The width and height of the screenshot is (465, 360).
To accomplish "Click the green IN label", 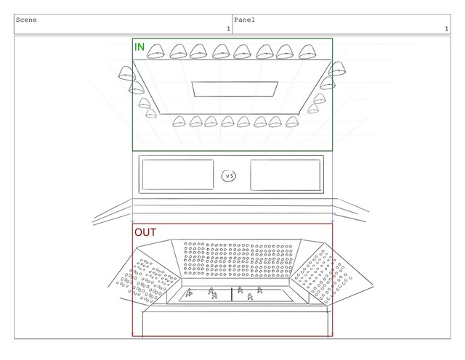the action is point(139,47).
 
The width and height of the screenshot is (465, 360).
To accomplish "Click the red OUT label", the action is point(145,233).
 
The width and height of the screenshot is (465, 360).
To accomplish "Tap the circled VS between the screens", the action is point(229,176).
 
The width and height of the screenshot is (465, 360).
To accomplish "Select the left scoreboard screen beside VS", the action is point(177,174).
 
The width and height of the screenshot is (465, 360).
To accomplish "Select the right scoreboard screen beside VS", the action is point(285,174).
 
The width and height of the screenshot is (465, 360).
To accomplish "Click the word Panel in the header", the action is point(247,20).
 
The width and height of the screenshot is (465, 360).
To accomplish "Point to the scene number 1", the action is point(227,29).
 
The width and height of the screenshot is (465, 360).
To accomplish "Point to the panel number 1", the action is point(445,29).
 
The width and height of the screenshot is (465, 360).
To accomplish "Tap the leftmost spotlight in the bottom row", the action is point(179,120).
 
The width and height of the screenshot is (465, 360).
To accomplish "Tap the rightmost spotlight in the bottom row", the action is point(292,121).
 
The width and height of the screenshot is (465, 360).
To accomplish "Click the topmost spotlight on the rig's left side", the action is point(128,74).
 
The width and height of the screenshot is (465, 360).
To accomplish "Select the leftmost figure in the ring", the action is point(189,293).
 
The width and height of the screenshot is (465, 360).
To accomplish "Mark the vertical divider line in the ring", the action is point(232,293).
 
